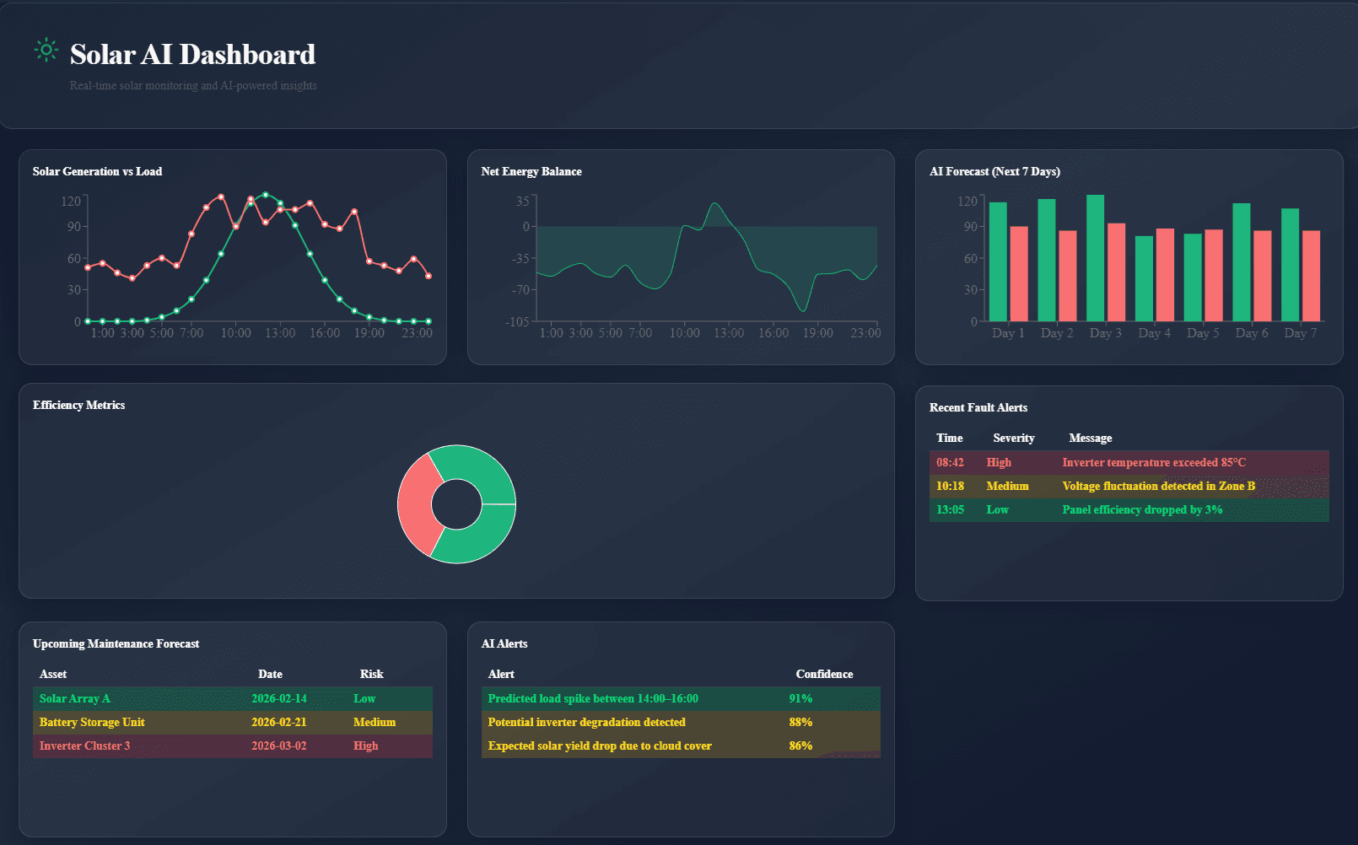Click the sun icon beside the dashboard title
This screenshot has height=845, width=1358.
tap(46, 51)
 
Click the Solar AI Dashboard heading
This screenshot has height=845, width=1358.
tap(192, 55)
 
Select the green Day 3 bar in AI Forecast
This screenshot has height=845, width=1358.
tap(1095, 257)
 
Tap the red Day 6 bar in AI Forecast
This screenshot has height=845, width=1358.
tap(1262, 276)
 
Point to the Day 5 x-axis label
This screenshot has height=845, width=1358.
tap(1203, 333)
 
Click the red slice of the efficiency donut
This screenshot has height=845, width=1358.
tap(418, 504)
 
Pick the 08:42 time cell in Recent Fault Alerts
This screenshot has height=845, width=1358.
tap(950, 463)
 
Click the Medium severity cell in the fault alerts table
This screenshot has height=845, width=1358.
tap(1007, 487)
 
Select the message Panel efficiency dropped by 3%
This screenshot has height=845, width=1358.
tap(1142, 510)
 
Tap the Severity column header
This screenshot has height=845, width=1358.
tap(1013, 439)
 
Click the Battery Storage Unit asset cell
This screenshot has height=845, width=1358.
tap(92, 723)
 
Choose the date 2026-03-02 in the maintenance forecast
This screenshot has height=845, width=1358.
tap(278, 746)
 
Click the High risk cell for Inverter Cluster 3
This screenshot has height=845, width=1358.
tap(365, 746)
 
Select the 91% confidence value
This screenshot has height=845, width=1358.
tap(800, 699)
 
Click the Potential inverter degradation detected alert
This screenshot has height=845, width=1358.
tap(586, 723)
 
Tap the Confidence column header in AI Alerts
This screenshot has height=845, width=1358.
tap(824, 675)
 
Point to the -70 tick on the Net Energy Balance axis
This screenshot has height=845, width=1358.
tap(521, 290)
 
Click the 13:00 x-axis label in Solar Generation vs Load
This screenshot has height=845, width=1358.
tap(280, 333)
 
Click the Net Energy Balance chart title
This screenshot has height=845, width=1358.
tap(531, 172)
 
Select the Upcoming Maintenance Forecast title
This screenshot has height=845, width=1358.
tap(116, 644)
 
